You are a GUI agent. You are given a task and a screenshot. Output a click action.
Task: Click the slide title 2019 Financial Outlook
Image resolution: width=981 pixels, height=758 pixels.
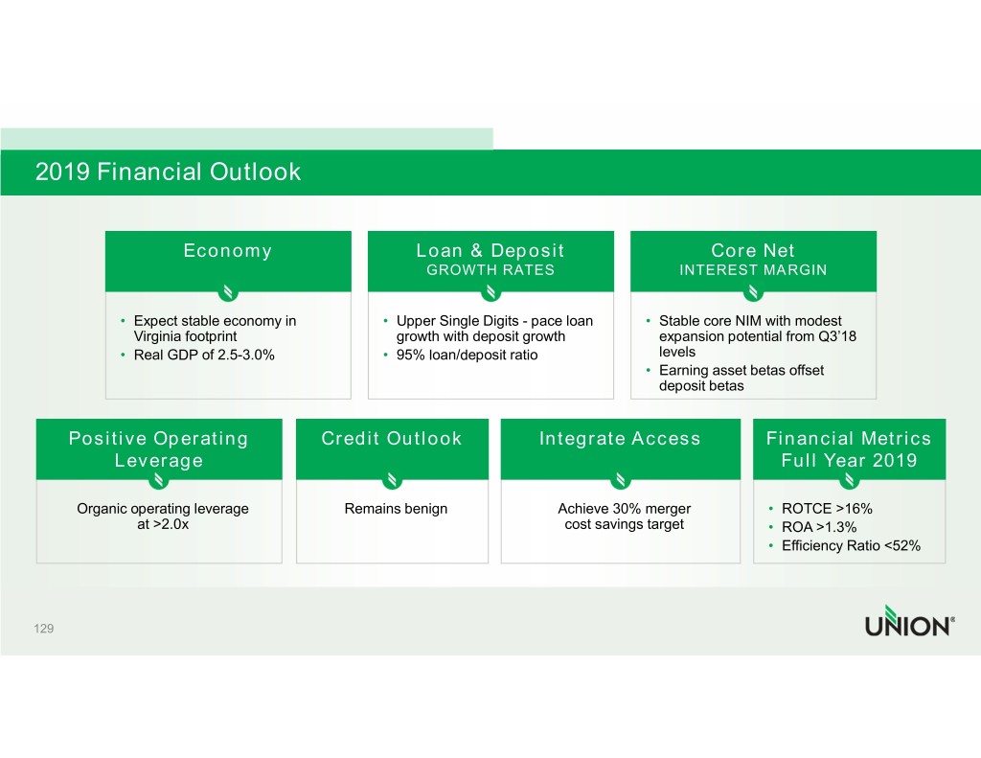tap(168, 172)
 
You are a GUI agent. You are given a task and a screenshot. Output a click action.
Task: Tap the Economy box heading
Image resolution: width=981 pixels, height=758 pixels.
tap(228, 250)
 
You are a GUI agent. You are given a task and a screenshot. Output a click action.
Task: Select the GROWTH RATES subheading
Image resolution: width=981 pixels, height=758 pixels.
tap(490, 270)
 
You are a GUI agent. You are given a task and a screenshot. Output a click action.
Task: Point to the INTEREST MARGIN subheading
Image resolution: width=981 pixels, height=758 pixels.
tap(753, 270)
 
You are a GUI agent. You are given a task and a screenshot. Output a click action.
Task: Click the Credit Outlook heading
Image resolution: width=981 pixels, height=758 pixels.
tap(392, 438)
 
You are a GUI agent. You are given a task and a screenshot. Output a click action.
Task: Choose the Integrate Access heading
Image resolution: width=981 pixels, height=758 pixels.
tap(620, 438)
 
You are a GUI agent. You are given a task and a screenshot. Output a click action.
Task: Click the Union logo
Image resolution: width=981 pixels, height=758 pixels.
tap(910, 621)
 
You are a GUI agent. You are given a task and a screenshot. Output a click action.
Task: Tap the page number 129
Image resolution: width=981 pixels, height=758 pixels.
tap(44, 629)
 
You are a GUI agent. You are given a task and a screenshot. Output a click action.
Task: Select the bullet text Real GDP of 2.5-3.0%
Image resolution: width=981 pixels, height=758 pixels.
tap(204, 355)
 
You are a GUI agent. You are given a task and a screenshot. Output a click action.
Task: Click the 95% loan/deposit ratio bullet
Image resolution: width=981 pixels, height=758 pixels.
tap(467, 355)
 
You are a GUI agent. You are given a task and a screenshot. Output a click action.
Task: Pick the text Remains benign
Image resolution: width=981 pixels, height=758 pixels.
tap(396, 508)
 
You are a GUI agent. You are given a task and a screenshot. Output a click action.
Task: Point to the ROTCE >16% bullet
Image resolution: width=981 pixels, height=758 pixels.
tap(827, 508)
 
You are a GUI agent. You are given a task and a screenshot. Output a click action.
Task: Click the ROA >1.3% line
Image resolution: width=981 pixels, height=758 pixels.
tap(819, 527)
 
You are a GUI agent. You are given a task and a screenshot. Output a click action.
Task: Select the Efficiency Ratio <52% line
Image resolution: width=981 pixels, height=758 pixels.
tap(851, 546)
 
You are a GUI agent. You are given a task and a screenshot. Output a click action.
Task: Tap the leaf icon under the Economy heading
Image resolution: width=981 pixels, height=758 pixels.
tap(228, 291)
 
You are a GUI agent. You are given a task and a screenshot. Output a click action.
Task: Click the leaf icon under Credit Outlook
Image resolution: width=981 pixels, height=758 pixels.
tap(392, 480)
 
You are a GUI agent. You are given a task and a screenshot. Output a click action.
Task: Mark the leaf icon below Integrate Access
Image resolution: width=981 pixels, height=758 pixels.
tap(621, 480)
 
